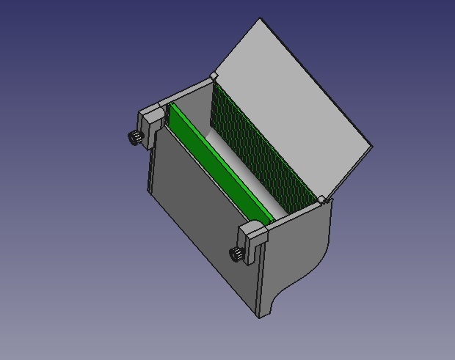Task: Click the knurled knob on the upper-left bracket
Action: pos(135,138)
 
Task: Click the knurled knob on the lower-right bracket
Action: pos(237,254)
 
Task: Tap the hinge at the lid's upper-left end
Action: pos(214,76)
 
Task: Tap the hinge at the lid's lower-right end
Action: pos(321,199)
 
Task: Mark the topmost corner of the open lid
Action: pos(261,19)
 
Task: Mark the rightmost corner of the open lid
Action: pos(372,147)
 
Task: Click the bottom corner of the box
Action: pos(261,317)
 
